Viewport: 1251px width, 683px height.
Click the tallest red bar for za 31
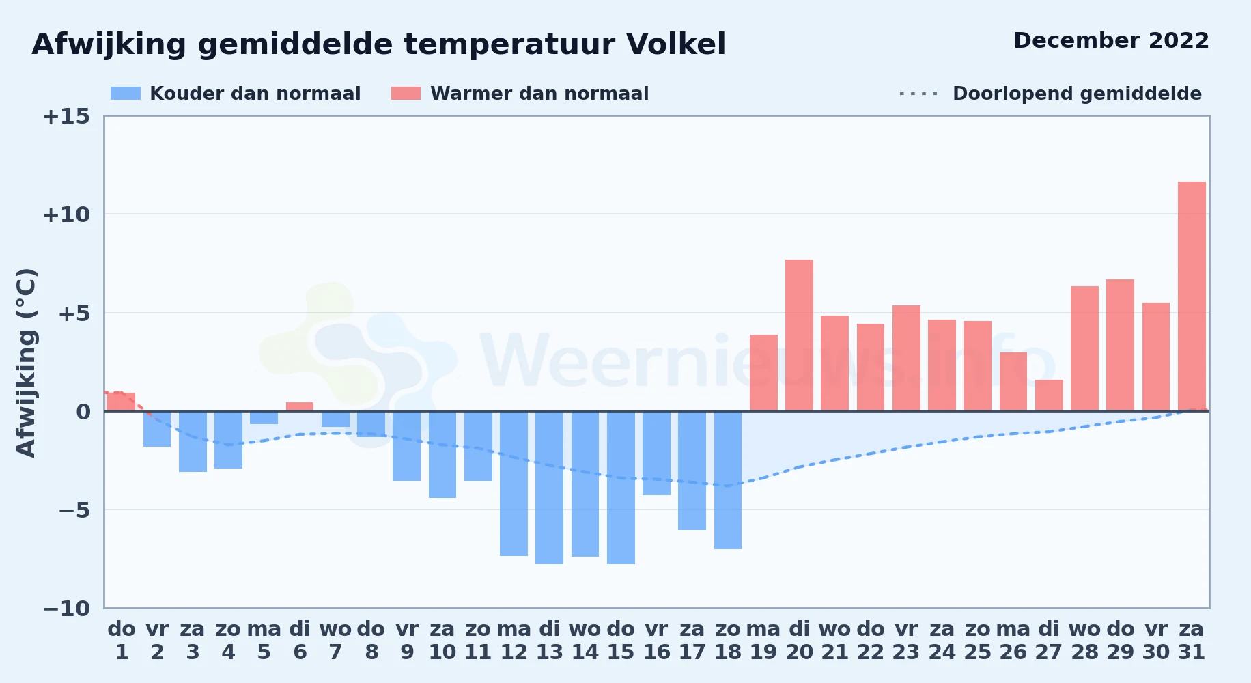point(1192,296)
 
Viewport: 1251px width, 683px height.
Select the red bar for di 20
point(799,335)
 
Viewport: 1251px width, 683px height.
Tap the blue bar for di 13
point(549,488)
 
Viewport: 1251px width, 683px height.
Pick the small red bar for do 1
point(122,402)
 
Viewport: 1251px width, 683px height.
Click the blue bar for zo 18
point(728,480)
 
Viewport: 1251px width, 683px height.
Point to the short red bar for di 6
point(300,406)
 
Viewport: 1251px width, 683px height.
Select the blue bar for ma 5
point(264,418)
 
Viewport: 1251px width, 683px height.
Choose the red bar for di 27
point(1049,395)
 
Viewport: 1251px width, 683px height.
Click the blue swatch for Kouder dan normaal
point(126,94)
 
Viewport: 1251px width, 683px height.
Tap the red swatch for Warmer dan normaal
point(406,94)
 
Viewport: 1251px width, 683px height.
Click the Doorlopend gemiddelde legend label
point(1077,94)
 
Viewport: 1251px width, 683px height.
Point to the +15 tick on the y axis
point(66,116)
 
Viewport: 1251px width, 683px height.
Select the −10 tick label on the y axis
point(66,609)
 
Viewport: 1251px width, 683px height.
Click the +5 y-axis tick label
point(74,313)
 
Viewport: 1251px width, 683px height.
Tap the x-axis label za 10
point(442,641)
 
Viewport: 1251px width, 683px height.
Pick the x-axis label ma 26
point(1013,641)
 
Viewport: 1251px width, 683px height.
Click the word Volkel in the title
point(676,44)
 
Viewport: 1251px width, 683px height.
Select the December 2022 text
point(1111,40)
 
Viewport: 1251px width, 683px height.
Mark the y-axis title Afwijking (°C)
point(26,363)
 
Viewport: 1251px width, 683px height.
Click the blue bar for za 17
point(692,471)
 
